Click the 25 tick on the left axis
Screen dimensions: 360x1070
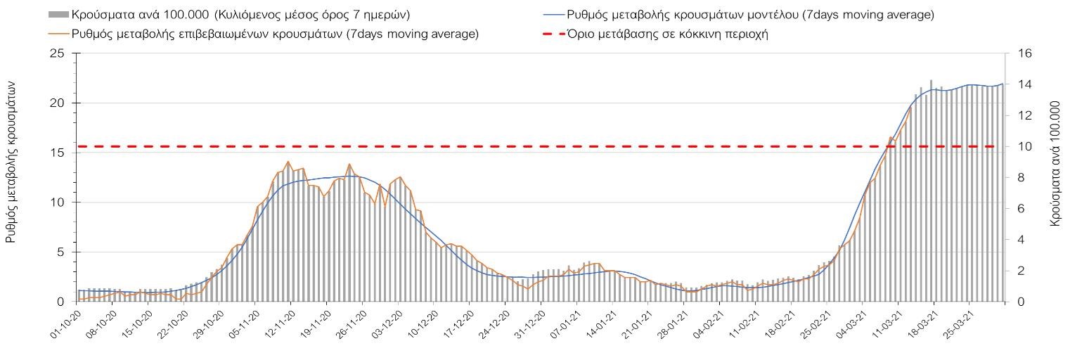coord(57,54)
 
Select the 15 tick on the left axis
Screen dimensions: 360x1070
coord(57,153)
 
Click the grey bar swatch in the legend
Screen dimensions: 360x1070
coord(58,15)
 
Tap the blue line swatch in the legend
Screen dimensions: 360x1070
coord(554,15)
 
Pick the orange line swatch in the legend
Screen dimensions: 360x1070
coord(58,34)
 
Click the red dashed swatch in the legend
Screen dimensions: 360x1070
coord(554,34)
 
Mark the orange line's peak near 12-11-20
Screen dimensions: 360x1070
coord(288,162)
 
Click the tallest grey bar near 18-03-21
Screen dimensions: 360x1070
coord(931,81)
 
